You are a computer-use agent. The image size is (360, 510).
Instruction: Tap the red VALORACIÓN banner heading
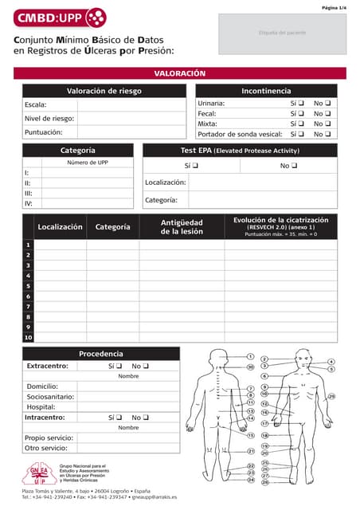(179, 73)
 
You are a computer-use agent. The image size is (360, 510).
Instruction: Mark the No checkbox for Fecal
(327, 114)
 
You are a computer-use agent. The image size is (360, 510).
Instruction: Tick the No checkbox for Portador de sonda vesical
(327, 135)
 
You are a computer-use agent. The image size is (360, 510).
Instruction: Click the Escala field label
(37, 104)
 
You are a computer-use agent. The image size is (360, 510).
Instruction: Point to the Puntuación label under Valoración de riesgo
(44, 132)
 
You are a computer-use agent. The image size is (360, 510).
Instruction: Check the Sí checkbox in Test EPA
(195, 166)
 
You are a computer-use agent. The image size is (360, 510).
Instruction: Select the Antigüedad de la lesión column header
(182, 227)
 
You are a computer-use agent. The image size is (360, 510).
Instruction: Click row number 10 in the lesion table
(28, 337)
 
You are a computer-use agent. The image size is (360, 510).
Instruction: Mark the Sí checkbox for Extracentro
(120, 367)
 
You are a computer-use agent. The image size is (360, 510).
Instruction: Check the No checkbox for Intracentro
(146, 418)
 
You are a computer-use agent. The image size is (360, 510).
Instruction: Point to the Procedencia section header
(100, 354)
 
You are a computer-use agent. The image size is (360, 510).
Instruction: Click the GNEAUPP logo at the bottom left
(39, 474)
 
